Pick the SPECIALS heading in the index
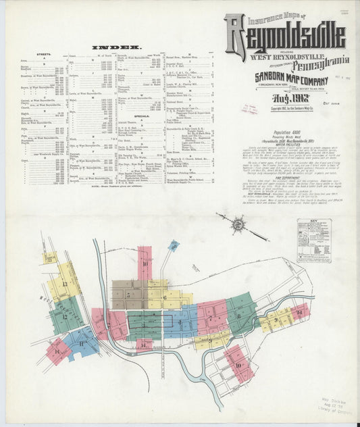point(141,116)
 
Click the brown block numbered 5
point(128,295)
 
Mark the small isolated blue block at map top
point(174,246)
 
